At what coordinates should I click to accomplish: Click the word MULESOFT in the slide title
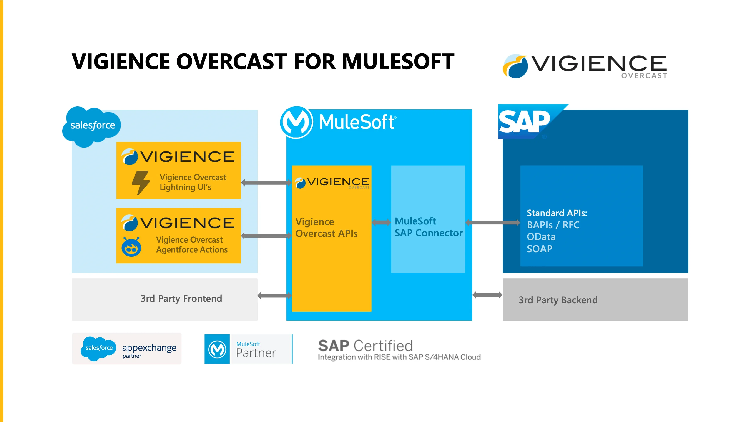click(398, 61)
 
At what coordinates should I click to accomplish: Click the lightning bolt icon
click(141, 183)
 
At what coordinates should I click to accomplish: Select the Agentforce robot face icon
click(131, 247)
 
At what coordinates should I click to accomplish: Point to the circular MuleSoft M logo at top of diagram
click(296, 122)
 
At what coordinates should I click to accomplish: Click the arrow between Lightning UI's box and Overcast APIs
click(266, 183)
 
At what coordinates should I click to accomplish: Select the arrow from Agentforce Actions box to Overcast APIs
click(266, 236)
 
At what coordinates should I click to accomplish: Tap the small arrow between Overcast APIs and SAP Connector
click(381, 223)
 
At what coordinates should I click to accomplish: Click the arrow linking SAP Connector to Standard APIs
click(492, 223)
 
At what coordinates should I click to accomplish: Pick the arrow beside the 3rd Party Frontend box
click(274, 296)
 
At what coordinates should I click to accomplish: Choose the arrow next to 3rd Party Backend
click(487, 295)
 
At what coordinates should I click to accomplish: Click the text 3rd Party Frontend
click(181, 298)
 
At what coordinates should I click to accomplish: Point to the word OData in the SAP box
click(541, 237)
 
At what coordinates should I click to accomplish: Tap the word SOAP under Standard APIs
click(539, 249)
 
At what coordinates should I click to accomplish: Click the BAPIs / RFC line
click(553, 225)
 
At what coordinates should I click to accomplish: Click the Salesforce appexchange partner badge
click(127, 348)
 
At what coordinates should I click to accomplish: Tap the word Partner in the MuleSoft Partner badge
click(256, 353)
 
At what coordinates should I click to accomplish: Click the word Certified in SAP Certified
click(383, 346)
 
